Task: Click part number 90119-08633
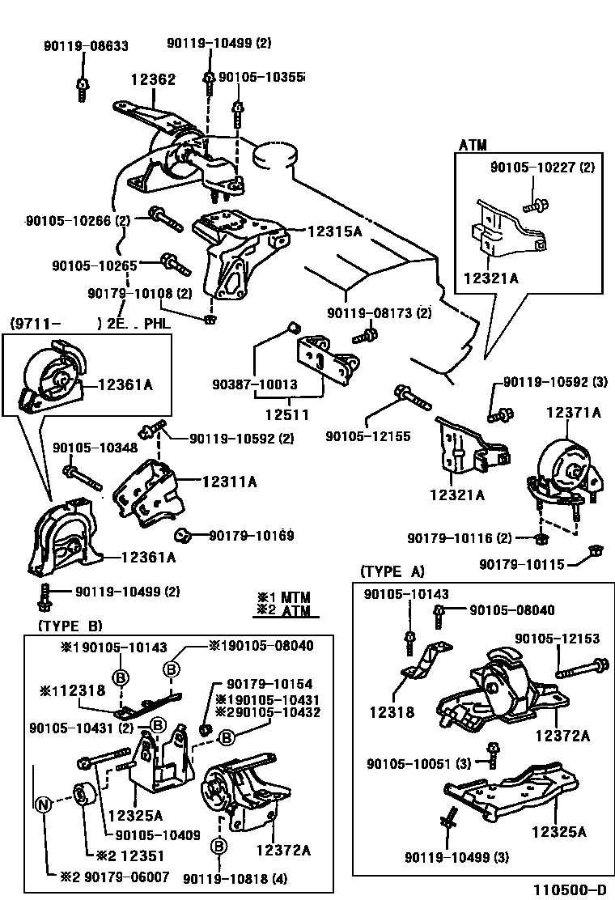pos(85,47)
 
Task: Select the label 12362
pos(153,80)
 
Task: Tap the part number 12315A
pos(333,231)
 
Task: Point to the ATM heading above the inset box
pos(473,146)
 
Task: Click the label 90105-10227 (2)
pos(541,168)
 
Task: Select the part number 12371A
pos(573,412)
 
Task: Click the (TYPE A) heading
pos(392,571)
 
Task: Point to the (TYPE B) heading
pos(70,626)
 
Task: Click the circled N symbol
pos(45,804)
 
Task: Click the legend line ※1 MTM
pos(283,597)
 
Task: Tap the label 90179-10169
pos(251,535)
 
